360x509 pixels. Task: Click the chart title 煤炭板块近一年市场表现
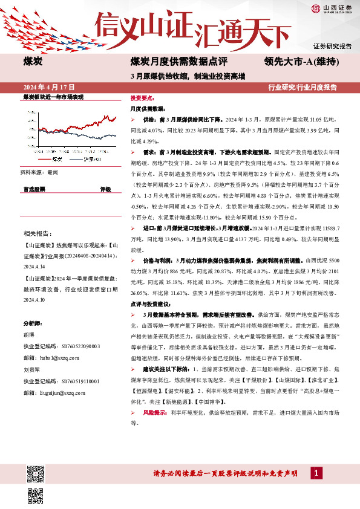[x=53, y=97]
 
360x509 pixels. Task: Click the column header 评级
[x=105, y=189]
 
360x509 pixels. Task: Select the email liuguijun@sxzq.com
[x=67, y=391]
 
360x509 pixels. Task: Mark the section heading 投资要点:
[x=142, y=97]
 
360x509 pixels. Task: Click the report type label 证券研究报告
[x=332, y=47]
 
